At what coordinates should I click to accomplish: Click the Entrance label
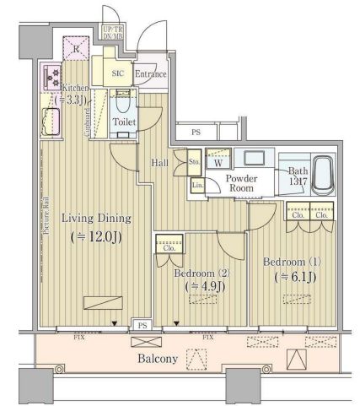150,73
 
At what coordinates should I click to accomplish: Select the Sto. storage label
194,161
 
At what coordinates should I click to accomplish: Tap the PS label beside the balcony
142,323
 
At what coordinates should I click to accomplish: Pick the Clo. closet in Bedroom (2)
168,246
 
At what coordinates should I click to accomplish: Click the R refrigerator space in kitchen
77,48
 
